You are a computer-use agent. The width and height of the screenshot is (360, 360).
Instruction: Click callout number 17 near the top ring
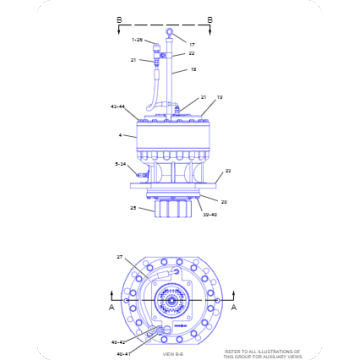(192, 43)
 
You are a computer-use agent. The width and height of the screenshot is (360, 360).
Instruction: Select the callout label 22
(192, 53)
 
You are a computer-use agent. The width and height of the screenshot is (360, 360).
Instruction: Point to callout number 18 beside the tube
(194, 70)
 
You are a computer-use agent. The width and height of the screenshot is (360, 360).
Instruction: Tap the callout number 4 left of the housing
(121, 134)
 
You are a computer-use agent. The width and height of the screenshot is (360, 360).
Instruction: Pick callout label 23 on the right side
(227, 171)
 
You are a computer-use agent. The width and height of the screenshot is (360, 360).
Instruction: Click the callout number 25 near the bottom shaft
(133, 209)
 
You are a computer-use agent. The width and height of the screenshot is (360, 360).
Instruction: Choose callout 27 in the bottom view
(121, 258)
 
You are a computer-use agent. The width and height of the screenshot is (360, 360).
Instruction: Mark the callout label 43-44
(117, 105)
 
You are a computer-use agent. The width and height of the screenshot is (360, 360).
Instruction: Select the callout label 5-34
(120, 163)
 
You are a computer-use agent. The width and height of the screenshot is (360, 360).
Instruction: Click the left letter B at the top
(120, 18)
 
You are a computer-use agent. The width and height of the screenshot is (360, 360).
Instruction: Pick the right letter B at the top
(209, 18)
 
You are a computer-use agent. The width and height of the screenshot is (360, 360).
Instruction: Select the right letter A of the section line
(234, 310)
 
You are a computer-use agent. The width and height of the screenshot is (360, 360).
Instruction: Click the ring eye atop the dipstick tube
(172, 33)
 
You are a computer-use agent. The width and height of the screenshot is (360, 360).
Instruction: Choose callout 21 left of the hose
(133, 60)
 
